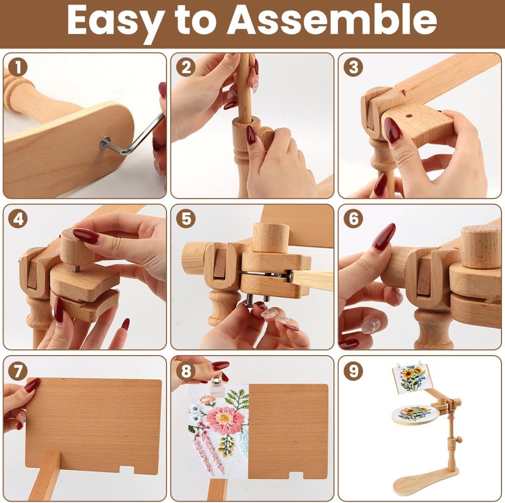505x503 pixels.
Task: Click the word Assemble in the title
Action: tap(332, 20)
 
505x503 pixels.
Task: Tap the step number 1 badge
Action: tap(18, 67)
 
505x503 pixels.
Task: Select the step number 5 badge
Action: tap(186, 219)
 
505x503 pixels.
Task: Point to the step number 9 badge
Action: tap(353, 371)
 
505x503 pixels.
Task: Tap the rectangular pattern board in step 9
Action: tap(411, 378)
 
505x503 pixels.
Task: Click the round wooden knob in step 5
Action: tap(270, 237)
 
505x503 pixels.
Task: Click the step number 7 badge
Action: tap(18, 371)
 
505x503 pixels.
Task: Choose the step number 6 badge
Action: tap(353, 219)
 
